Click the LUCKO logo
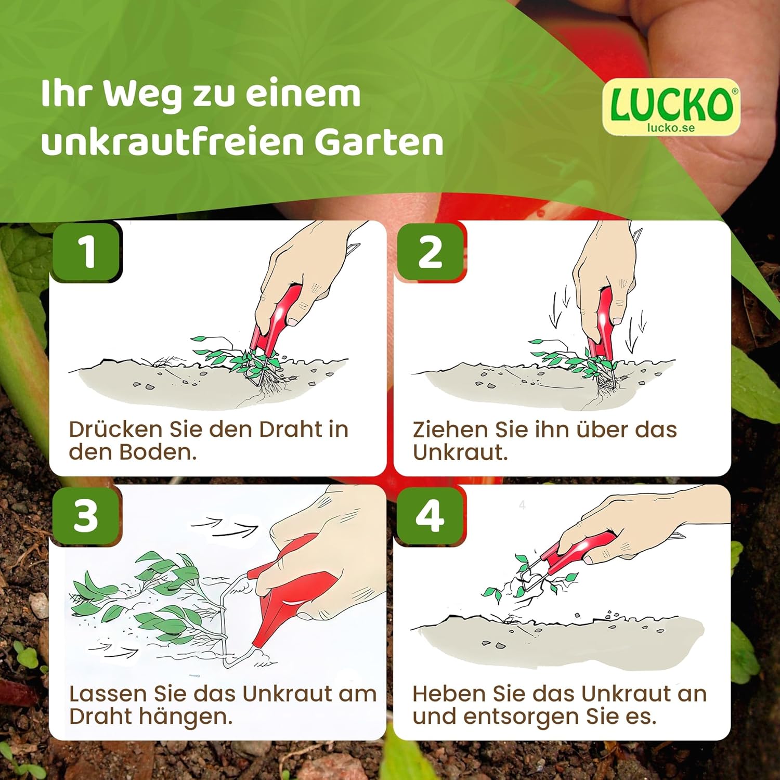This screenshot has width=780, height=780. [x=671, y=107]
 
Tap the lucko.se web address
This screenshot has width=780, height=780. [x=671, y=127]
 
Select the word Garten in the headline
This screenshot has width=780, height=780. [x=379, y=142]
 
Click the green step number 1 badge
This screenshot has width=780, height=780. [x=86, y=252]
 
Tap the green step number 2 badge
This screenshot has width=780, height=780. [x=430, y=252]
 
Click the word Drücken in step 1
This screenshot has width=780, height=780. [x=115, y=429]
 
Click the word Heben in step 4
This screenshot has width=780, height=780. [x=450, y=694]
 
